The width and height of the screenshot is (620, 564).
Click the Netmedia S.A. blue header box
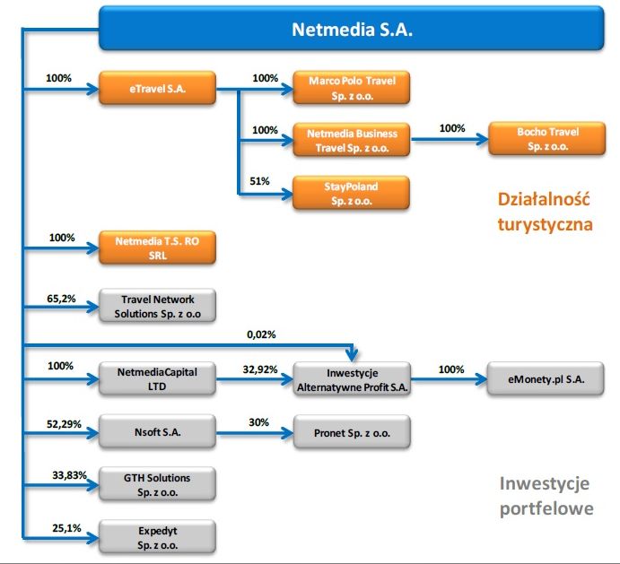coord(351,28)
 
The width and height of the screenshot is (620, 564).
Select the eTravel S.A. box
coord(157,88)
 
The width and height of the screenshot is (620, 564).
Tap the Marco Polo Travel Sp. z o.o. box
coord(352,88)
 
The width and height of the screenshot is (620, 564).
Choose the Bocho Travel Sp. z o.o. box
coord(547,139)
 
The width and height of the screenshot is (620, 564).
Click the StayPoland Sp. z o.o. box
coord(351,193)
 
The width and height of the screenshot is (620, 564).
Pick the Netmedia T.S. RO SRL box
coord(157,247)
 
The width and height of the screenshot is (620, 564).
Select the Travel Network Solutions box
coord(157,306)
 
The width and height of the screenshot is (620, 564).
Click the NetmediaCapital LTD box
coord(157,379)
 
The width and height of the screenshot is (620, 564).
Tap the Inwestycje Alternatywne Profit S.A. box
coord(352,379)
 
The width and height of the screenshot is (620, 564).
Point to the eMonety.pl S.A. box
coord(546,379)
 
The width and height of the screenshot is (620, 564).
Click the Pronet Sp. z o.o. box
coord(352,432)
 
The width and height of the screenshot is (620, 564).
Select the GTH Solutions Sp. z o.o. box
coord(157,484)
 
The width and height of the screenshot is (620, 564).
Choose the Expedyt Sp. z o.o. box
coord(157,537)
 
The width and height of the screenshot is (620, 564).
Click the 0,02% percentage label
coord(261,334)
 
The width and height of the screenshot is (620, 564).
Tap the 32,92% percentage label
coord(260,369)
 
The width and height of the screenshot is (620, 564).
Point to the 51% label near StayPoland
coord(259,181)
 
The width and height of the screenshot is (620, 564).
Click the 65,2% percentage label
coord(61,299)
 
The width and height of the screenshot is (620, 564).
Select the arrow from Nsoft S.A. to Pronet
coord(255,433)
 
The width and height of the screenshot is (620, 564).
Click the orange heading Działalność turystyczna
coord(545,212)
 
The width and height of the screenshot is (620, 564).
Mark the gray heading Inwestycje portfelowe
coord(546,496)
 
